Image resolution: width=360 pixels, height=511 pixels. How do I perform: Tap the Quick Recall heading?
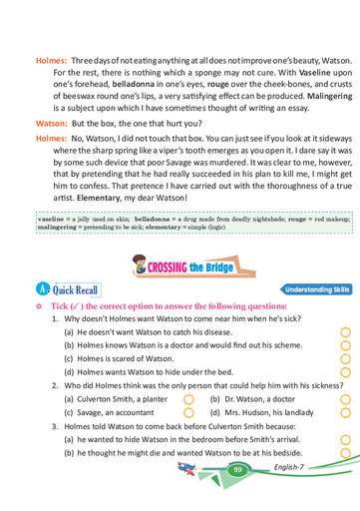point(78,290)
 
